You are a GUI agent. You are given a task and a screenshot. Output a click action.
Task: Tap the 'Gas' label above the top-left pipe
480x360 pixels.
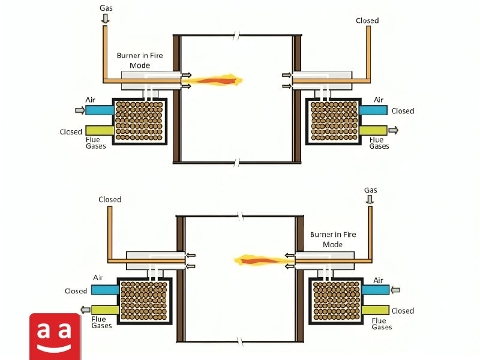click(106, 8)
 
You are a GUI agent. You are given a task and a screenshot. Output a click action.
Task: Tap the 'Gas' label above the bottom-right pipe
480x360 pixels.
click(370, 190)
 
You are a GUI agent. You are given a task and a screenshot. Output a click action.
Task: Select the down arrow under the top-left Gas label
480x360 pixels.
click(106, 19)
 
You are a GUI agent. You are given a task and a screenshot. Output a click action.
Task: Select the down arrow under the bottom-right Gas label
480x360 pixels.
click(370, 200)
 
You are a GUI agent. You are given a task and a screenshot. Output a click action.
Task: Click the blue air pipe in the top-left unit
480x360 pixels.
click(100, 110)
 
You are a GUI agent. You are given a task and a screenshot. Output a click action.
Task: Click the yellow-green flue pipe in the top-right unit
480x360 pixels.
click(373, 130)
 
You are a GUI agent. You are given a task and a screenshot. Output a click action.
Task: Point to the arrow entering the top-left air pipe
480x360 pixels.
click(80, 110)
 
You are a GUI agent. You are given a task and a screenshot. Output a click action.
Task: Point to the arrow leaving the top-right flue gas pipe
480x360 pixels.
click(394, 130)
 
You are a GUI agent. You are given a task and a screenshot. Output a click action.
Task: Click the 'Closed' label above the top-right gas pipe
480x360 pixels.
click(367, 20)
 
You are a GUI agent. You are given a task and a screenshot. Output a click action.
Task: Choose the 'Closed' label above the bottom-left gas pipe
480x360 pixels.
click(110, 200)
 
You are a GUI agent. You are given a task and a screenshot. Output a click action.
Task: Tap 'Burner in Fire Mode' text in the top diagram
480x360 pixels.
click(140, 61)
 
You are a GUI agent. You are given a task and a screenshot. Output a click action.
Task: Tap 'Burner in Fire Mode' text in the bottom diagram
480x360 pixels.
click(333, 239)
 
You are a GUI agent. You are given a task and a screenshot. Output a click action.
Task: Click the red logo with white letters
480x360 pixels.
click(55, 337)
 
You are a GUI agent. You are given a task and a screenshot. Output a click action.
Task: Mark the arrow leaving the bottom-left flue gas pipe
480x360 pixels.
click(85, 310)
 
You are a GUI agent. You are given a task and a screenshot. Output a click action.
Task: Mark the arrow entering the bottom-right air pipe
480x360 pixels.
click(395, 290)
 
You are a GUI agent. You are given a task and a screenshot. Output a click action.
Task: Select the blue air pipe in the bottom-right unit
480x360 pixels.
click(376, 290)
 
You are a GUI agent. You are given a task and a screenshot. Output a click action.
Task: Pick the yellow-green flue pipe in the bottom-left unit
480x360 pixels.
click(105, 310)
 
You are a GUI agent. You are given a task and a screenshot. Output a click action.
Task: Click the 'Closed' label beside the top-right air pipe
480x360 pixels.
click(403, 111)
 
